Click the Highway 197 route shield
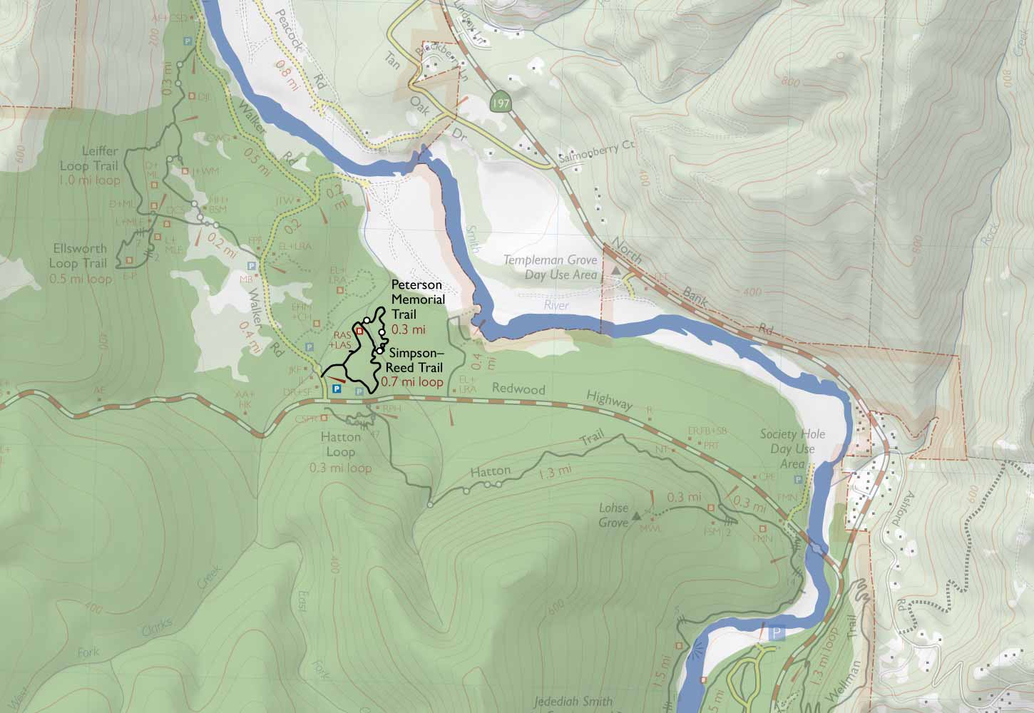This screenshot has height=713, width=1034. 501,104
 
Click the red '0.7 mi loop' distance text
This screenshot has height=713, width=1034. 412,382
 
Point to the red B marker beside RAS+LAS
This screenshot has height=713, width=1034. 360,331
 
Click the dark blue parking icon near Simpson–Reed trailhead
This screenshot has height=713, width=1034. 337,390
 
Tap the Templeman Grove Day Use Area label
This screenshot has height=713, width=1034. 550,267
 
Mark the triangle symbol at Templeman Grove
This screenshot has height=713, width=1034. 615,272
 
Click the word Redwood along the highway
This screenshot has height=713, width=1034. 518,390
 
